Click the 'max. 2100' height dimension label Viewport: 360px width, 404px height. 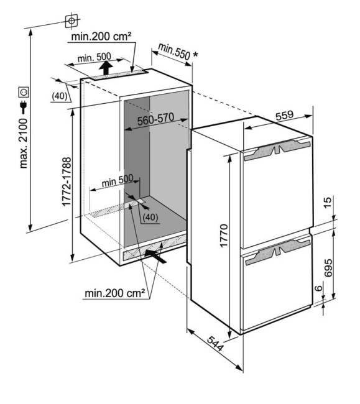[x=24, y=144]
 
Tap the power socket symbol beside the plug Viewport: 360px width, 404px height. [x=24, y=92]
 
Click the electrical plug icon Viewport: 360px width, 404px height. [x=24, y=107]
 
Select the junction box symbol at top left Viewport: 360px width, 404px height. [x=72, y=21]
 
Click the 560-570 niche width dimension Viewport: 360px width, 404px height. [x=155, y=119]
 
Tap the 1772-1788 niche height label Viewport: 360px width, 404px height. [x=67, y=181]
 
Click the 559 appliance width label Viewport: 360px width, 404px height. [x=285, y=115]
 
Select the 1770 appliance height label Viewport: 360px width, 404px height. [x=224, y=236]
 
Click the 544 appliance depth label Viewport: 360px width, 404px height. [x=215, y=344]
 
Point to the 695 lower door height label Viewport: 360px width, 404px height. [x=328, y=268]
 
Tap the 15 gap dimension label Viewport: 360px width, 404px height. [x=328, y=203]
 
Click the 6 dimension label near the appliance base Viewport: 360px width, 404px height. [x=319, y=288]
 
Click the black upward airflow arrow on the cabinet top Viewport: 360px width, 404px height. [x=106, y=68]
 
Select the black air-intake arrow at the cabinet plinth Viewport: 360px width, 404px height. [x=155, y=256]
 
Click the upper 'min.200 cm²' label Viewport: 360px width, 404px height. [x=101, y=36]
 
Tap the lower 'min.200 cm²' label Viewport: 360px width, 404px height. [x=114, y=293]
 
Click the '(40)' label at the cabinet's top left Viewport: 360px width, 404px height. [x=60, y=96]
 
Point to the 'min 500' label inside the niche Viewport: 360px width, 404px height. [x=118, y=180]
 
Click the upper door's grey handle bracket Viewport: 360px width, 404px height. [x=277, y=150]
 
